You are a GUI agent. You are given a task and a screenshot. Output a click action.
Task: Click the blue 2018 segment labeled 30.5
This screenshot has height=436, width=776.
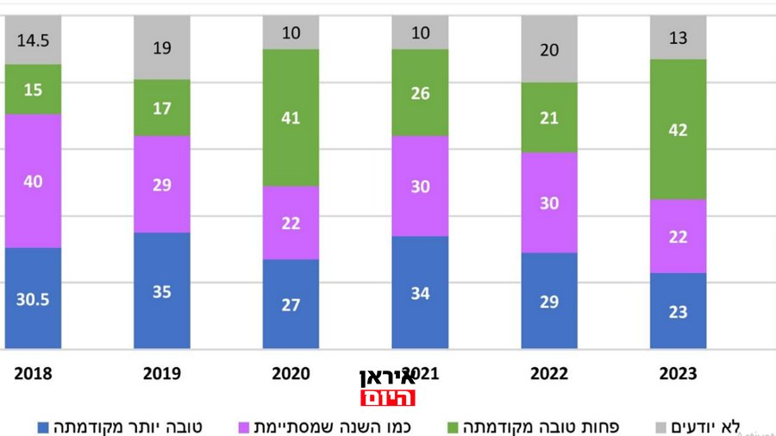tap(33, 298)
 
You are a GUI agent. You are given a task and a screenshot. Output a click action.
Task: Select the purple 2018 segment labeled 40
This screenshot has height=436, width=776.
tap(33, 181)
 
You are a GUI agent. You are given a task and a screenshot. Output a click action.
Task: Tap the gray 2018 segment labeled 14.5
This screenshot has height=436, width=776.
tap(33, 40)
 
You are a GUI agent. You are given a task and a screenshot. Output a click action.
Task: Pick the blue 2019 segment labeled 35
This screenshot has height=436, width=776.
tap(161, 290)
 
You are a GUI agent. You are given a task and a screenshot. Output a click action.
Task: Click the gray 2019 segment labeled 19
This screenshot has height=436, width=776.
tap(161, 48)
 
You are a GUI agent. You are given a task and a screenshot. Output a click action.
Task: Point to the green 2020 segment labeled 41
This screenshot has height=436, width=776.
tap(291, 117)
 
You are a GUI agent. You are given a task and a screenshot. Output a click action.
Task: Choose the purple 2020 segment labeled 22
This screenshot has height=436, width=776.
tap(291, 222)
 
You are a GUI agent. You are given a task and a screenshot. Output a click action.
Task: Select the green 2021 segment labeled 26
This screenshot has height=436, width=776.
tap(420, 92)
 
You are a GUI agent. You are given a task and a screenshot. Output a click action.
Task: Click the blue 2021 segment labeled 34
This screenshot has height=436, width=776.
tap(420, 292)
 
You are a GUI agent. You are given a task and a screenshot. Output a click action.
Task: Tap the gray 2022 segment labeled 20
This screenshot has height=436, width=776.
tap(549, 50)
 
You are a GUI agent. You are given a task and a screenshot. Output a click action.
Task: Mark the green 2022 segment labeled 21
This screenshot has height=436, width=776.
tap(549, 117)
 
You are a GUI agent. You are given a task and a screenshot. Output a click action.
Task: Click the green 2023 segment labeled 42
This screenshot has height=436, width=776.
tap(678, 129)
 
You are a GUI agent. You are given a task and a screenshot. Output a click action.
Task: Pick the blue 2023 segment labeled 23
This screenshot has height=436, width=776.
tap(678, 311)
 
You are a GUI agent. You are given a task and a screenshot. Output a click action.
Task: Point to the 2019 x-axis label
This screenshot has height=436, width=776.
tap(161, 374)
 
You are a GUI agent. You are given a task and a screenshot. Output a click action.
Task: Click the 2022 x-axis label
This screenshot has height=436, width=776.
tap(549, 374)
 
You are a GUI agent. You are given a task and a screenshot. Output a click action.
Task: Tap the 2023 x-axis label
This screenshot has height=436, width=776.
tap(678, 374)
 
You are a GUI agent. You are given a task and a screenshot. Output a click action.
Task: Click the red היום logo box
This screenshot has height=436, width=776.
tap(387, 397)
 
